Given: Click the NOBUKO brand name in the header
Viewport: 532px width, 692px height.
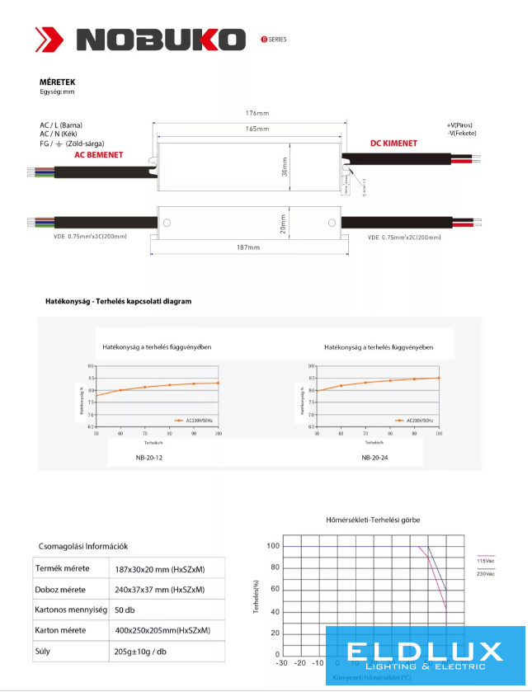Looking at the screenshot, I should tap(162, 40).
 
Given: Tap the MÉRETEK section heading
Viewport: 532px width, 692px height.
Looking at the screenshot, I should tap(58, 82).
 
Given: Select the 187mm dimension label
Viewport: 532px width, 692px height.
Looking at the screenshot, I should tap(248, 247).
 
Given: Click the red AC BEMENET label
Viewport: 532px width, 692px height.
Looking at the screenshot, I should tap(99, 154).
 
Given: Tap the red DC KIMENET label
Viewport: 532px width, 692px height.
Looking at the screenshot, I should tap(393, 144).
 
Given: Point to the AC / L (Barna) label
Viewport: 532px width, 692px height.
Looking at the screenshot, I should tap(67, 125).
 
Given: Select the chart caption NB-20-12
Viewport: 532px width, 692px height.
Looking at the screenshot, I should tap(148, 457).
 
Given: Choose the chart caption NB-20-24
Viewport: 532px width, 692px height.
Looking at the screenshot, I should tap(374, 457).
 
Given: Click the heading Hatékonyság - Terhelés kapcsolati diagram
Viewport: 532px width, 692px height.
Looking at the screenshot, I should tap(118, 302).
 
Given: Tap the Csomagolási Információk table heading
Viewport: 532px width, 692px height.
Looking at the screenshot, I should tap(84, 546).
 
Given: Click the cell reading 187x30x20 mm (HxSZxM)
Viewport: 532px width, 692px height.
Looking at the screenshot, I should tap(159, 569).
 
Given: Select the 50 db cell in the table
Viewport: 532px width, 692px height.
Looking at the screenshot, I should tap(125, 610).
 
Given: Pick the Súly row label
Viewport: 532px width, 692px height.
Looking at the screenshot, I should tap(43, 651).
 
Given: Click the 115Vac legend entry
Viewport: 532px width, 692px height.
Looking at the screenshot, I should tap(486, 561).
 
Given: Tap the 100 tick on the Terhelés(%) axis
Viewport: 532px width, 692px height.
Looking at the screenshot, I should tap(273, 546).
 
